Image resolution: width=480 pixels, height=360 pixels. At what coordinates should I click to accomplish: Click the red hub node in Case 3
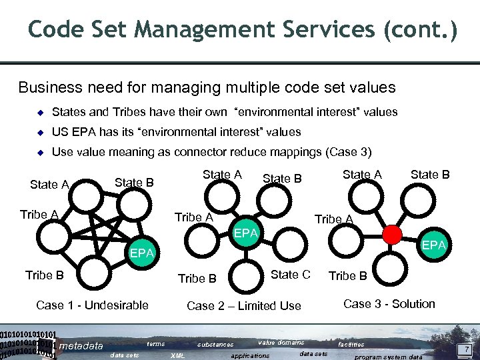click(392, 234)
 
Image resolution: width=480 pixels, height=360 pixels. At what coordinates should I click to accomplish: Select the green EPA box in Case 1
click(142, 253)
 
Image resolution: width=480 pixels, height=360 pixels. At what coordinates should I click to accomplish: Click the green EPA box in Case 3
click(434, 245)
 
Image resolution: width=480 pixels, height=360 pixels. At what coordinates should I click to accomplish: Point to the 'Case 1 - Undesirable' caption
click(92, 305)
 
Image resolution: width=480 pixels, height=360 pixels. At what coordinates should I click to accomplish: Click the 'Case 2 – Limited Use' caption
click(244, 306)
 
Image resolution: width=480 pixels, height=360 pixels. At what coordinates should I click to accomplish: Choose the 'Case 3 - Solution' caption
click(389, 304)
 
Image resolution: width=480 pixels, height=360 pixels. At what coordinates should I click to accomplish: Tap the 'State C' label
click(290, 275)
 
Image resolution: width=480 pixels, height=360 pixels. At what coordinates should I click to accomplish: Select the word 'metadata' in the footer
click(81, 345)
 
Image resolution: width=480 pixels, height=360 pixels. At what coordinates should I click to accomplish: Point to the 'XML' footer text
click(179, 356)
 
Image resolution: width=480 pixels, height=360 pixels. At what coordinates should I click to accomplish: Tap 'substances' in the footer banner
click(215, 345)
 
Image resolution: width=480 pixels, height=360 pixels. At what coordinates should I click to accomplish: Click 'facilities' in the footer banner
click(351, 345)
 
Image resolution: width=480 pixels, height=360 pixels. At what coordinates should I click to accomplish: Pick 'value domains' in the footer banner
click(281, 343)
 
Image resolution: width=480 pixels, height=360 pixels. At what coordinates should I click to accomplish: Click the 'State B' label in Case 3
click(430, 175)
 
